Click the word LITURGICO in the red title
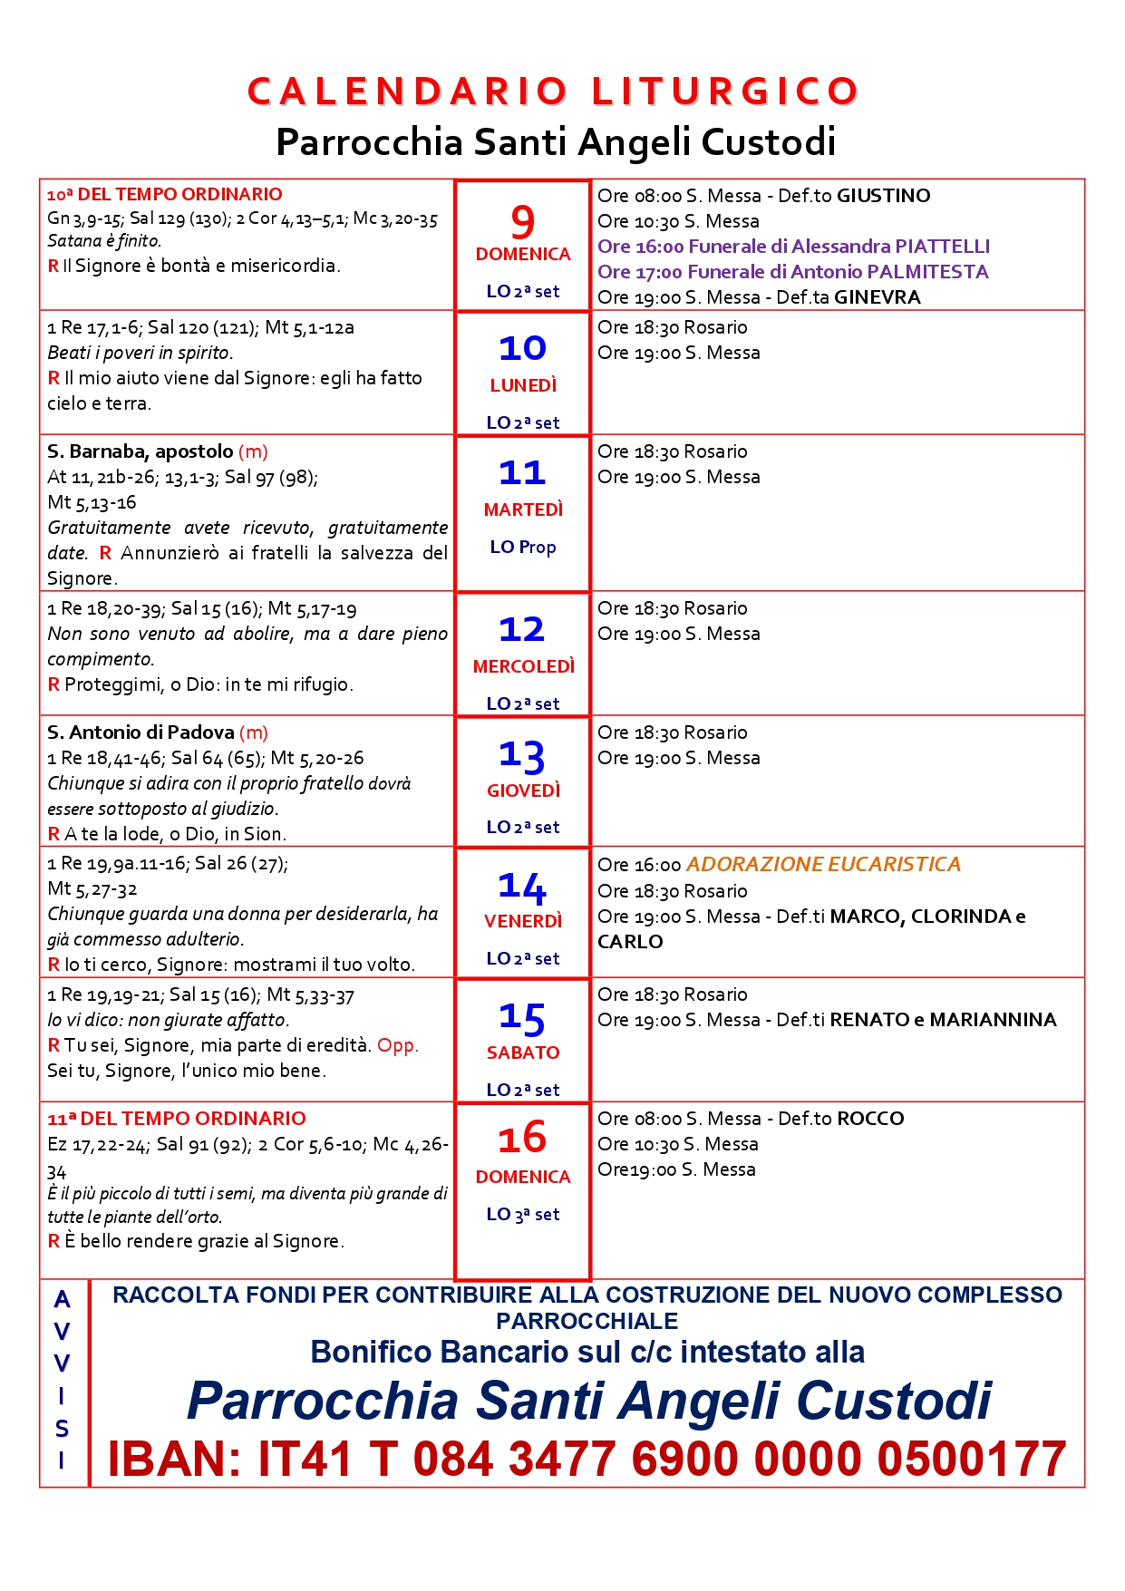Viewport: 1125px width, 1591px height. tap(724, 92)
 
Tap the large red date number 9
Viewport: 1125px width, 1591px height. tap(523, 222)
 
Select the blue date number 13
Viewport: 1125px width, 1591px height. tap(522, 756)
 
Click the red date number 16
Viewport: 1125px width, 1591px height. tap(522, 1139)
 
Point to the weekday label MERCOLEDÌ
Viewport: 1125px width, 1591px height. tap(524, 666)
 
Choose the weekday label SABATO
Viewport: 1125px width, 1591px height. tap(523, 1053)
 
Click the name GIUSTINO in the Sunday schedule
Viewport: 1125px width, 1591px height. tap(883, 196)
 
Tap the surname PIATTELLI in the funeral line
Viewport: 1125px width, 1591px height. tap(942, 247)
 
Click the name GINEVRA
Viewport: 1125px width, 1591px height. tap(877, 297)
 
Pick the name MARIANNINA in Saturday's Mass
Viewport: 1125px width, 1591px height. tap(993, 1020)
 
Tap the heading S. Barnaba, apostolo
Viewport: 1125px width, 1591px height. tap(141, 451)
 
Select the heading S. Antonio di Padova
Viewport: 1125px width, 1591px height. tap(141, 732)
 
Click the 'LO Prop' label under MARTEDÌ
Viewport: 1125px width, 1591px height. tap(523, 547)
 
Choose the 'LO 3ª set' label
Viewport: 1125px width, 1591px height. tap(523, 1214)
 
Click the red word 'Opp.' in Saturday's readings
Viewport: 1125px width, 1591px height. tap(398, 1045)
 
